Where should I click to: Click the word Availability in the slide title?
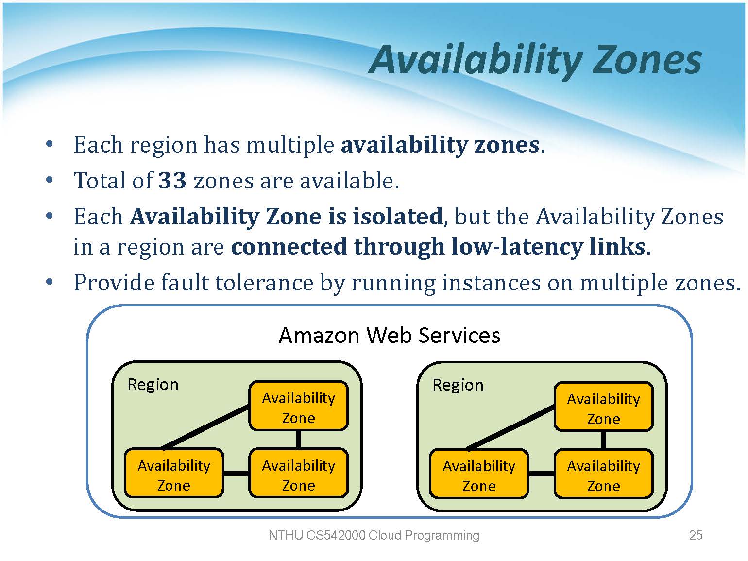(x=476, y=60)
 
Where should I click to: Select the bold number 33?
(x=172, y=181)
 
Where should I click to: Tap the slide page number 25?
(x=696, y=535)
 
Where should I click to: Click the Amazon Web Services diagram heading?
(x=389, y=335)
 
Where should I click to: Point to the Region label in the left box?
(x=153, y=385)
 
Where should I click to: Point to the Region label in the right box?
(x=458, y=385)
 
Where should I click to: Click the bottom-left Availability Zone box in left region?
(x=174, y=475)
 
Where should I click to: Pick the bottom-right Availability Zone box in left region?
(x=298, y=475)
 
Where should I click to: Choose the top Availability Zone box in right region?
(x=603, y=408)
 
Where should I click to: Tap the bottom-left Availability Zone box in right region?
(x=479, y=475)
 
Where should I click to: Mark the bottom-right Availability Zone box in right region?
(x=603, y=475)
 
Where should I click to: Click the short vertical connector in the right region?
(x=603, y=441)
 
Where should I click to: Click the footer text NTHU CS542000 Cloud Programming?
(x=374, y=535)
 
